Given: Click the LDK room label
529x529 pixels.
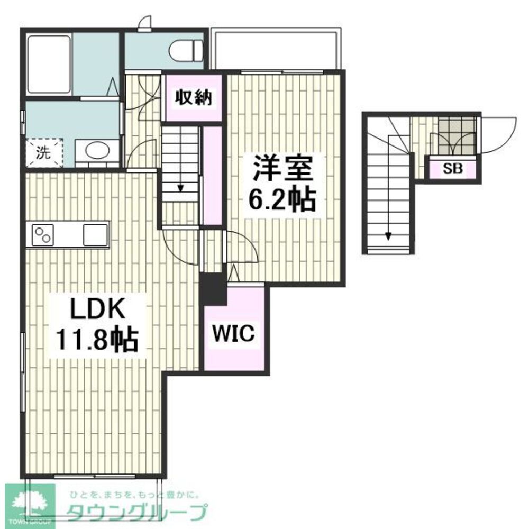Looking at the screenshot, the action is (x=97, y=309).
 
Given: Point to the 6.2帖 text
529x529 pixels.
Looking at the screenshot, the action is (x=282, y=199).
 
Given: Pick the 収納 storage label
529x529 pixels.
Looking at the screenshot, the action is (x=193, y=98).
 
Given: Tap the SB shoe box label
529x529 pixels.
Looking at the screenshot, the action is (x=452, y=168).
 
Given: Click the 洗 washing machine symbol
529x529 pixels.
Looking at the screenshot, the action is (x=44, y=153).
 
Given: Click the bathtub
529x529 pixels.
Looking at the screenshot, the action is (x=49, y=64).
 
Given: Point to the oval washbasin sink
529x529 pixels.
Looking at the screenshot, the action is (x=98, y=150).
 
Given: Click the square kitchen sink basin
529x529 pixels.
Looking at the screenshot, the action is (x=95, y=235).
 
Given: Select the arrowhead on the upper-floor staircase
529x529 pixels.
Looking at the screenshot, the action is (x=180, y=188).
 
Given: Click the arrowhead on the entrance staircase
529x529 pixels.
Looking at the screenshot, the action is (x=388, y=236).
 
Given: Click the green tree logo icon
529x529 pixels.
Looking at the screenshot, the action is (x=30, y=504).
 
